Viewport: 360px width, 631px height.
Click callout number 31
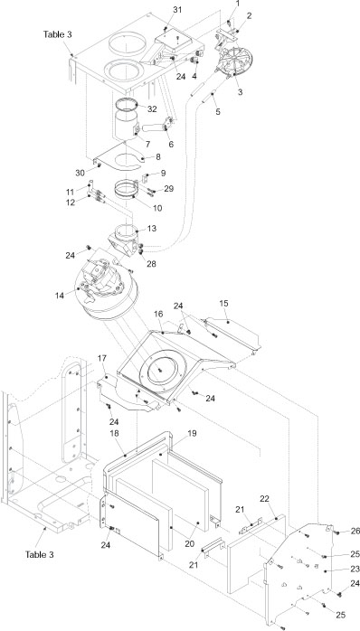coord(177,9)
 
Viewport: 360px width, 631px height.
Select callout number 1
coord(238,5)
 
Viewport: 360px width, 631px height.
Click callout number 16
coord(158,314)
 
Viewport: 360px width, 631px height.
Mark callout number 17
coord(101,358)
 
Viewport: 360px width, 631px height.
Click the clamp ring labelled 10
coord(132,191)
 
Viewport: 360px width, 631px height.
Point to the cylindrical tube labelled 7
coord(133,126)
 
